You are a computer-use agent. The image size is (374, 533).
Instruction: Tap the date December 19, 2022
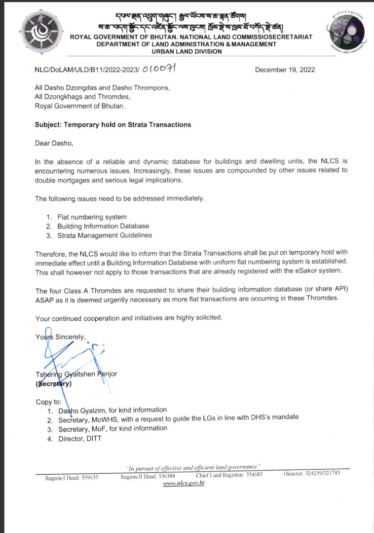coord(285,70)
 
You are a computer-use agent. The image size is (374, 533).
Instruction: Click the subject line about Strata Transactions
coord(112,125)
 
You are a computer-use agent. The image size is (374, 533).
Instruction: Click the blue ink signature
coord(69,353)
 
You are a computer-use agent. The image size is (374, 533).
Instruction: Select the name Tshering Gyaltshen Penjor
coord(76,374)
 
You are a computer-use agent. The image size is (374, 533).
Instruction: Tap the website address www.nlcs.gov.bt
coord(184,483)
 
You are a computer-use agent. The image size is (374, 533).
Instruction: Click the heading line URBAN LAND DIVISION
coord(187,52)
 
